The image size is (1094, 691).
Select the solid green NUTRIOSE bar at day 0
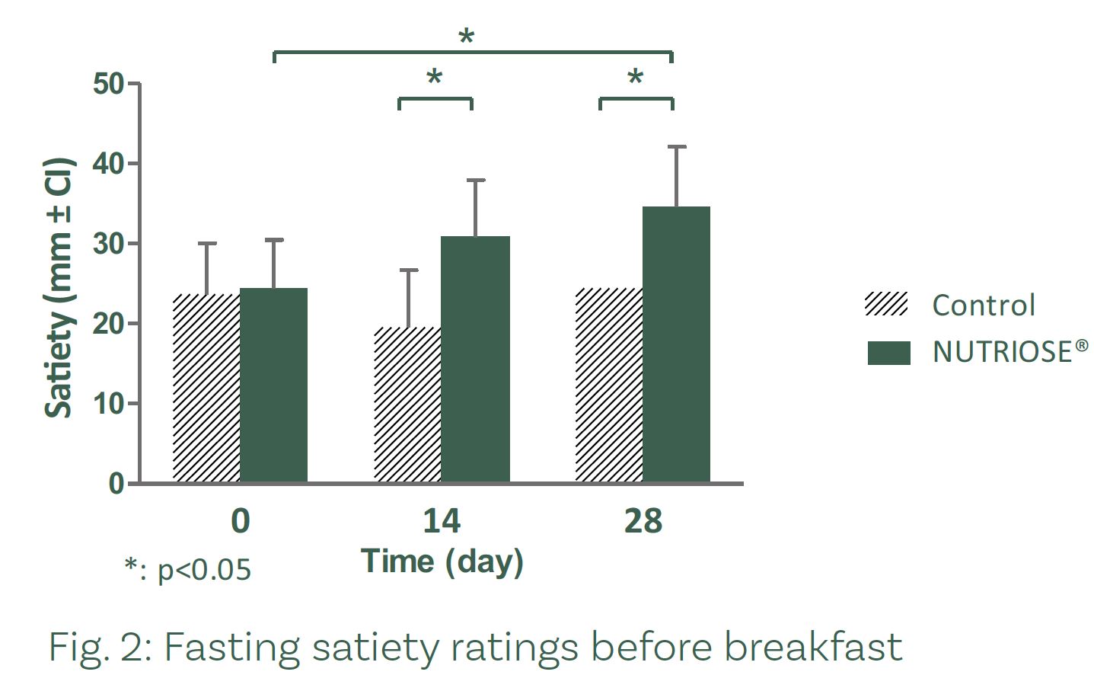(274, 385)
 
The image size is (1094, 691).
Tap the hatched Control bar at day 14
(407, 405)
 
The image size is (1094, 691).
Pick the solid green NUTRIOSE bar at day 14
(475, 359)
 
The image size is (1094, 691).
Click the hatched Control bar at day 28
(609, 385)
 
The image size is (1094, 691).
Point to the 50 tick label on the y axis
(109, 84)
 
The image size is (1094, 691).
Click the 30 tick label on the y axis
(109, 244)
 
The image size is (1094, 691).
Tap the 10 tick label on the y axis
(109, 404)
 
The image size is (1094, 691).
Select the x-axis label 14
(442, 522)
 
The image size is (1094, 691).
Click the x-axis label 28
(643, 522)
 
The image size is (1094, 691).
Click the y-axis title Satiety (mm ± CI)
(59, 288)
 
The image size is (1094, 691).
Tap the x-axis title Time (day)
(442, 561)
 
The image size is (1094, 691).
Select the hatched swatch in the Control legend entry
(887, 305)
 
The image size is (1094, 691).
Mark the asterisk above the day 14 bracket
(434, 78)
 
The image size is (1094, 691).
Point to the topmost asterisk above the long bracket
(466, 37)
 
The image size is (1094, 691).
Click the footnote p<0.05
(188, 569)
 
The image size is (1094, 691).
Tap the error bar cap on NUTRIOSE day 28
(676, 146)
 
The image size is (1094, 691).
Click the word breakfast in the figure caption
(812, 648)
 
